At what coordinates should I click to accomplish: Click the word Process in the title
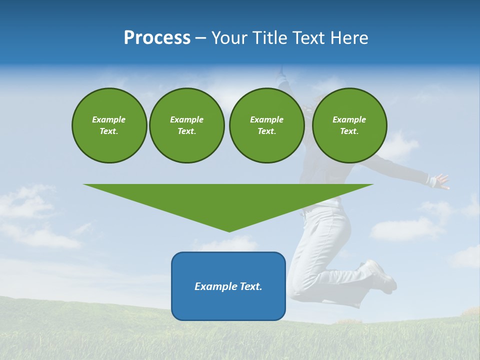tap(157, 38)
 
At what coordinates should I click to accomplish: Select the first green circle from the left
tap(109, 125)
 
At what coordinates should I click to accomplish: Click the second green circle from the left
tap(186, 125)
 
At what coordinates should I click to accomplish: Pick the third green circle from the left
tap(266, 125)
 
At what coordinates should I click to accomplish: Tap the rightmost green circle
tap(349, 125)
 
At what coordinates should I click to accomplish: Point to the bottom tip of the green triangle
tap(229, 230)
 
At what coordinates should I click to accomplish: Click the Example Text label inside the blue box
tap(228, 286)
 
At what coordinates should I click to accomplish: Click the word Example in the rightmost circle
tap(349, 119)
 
